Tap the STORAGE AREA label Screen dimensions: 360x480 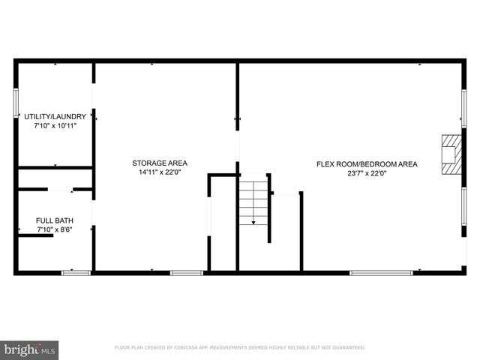[x=160, y=163]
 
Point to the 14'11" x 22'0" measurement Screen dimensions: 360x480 [x=160, y=172]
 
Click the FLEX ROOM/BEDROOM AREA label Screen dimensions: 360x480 [x=367, y=163]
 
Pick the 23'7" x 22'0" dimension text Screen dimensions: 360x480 [x=367, y=173]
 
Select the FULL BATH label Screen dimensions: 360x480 [x=54, y=220]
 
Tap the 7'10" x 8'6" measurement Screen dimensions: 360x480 [x=54, y=229]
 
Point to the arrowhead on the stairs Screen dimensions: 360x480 [x=253, y=222]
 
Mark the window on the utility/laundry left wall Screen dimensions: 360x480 [x=16, y=102]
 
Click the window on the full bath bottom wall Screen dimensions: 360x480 [x=76, y=272]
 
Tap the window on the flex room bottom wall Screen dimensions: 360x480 [x=381, y=272]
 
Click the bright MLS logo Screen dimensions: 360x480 [x=30, y=350]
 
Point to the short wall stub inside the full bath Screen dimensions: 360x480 [x=35, y=235]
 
